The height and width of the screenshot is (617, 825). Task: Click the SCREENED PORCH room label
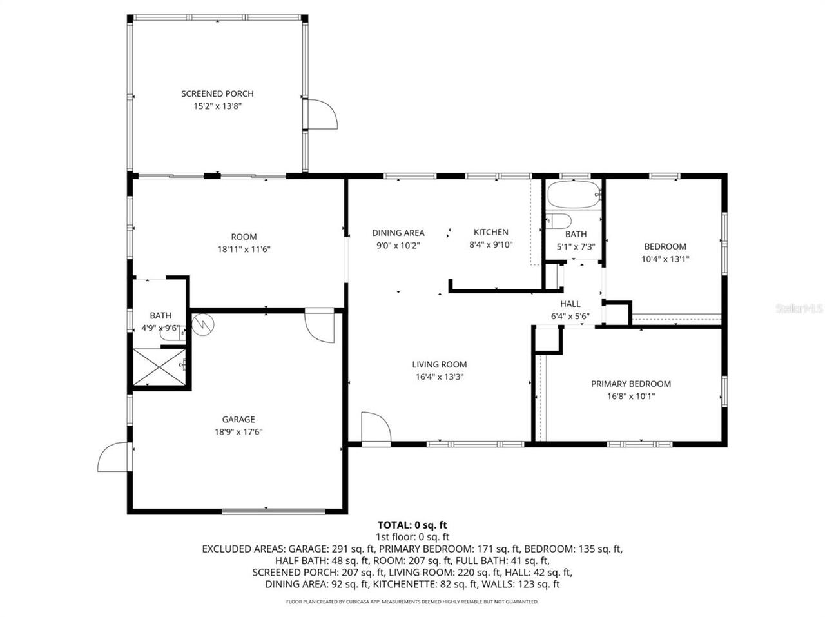pos(217,94)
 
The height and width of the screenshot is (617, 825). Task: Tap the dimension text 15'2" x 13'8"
pos(217,106)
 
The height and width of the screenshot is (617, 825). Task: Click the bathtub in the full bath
pos(574,195)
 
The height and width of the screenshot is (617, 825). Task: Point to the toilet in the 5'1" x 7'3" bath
pos(558,220)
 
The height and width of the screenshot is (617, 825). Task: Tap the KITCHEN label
pos(490,232)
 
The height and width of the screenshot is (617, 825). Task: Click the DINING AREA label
pos(398,233)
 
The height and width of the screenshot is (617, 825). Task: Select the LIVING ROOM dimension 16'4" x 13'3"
pos(441,377)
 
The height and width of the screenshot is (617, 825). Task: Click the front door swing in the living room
pos(376,427)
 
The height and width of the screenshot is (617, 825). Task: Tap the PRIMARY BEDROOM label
pos(630,384)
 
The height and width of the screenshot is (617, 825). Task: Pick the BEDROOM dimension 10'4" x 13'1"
pos(665,259)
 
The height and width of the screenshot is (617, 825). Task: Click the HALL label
pos(570,304)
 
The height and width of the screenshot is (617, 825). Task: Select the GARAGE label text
pos(238,419)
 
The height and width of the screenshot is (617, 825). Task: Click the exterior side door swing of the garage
pos(113,457)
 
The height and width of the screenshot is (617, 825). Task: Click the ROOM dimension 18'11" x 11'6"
pos(244,249)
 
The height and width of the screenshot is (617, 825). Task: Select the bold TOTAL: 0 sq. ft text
pos(412,525)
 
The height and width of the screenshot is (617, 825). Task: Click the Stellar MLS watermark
pos(799,309)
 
